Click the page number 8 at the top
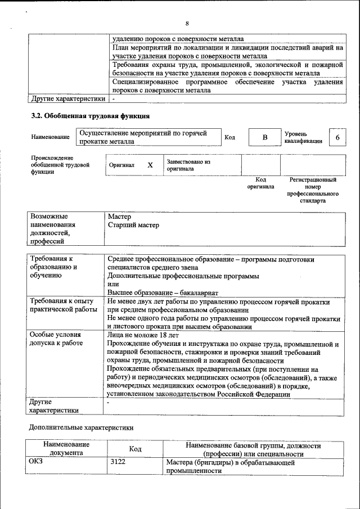[187, 23]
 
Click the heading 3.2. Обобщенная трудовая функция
[90, 116]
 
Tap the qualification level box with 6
[337, 138]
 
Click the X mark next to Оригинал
[150, 165]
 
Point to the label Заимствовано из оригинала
[188, 165]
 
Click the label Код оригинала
[260, 183]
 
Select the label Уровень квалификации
[303, 138]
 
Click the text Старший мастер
[133, 225]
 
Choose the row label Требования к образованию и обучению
[54, 267]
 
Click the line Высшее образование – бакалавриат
[163, 292]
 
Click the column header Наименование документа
[66, 449]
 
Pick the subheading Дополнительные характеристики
[81, 427]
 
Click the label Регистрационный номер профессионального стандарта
[313, 190]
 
